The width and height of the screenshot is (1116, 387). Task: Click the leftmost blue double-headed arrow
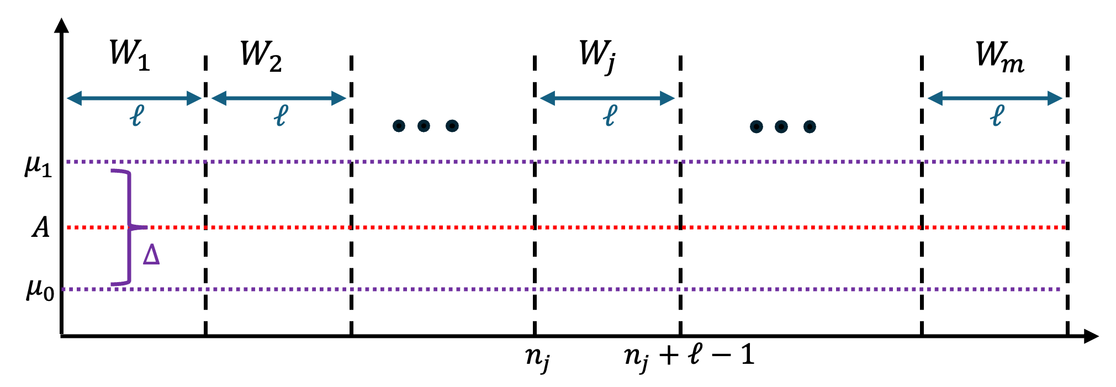[x=134, y=98]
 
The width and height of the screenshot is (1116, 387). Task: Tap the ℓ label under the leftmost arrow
[x=136, y=116]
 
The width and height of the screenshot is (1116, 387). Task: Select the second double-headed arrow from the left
[x=279, y=98]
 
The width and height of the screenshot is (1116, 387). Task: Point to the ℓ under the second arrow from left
[x=281, y=116]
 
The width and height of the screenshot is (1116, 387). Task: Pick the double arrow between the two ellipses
[x=607, y=98]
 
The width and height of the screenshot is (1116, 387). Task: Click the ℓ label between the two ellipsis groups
[x=610, y=116]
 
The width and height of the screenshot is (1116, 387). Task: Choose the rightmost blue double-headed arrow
[x=995, y=98]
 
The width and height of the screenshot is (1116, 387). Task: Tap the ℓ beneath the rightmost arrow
[x=997, y=116]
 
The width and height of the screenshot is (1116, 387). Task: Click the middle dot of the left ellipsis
[x=424, y=126]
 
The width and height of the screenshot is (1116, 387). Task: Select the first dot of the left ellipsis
[x=399, y=126]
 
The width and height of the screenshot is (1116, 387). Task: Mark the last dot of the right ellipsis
[x=810, y=127]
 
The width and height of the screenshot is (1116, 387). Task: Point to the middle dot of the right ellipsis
[x=781, y=127]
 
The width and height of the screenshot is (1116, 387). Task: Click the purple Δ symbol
[x=151, y=255]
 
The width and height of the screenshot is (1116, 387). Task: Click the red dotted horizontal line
[x=552, y=227]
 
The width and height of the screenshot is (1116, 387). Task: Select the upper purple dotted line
[x=552, y=162]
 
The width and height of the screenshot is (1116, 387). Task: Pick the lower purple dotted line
[x=552, y=289]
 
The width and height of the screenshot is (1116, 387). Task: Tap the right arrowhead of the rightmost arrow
[x=1055, y=98]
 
